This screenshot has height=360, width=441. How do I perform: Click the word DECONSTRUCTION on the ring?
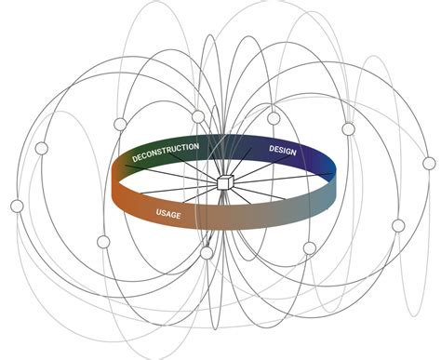pyautogui.click(x=166, y=153)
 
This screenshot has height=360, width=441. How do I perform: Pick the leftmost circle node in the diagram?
pyautogui.click(x=17, y=206)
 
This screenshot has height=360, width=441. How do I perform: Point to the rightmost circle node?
pyautogui.click(x=429, y=163)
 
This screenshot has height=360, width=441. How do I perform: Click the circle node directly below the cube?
pyautogui.click(x=207, y=253)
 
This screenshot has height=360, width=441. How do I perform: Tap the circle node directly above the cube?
pyautogui.click(x=197, y=116)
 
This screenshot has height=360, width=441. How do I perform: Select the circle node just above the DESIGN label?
pyautogui.click(x=274, y=117)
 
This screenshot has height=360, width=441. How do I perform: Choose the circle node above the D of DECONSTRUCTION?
pyautogui.click(x=120, y=125)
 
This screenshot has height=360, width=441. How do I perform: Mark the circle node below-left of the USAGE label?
pyautogui.click(x=103, y=242)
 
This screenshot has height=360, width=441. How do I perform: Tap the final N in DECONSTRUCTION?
pyautogui.click(x=195, y=147)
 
